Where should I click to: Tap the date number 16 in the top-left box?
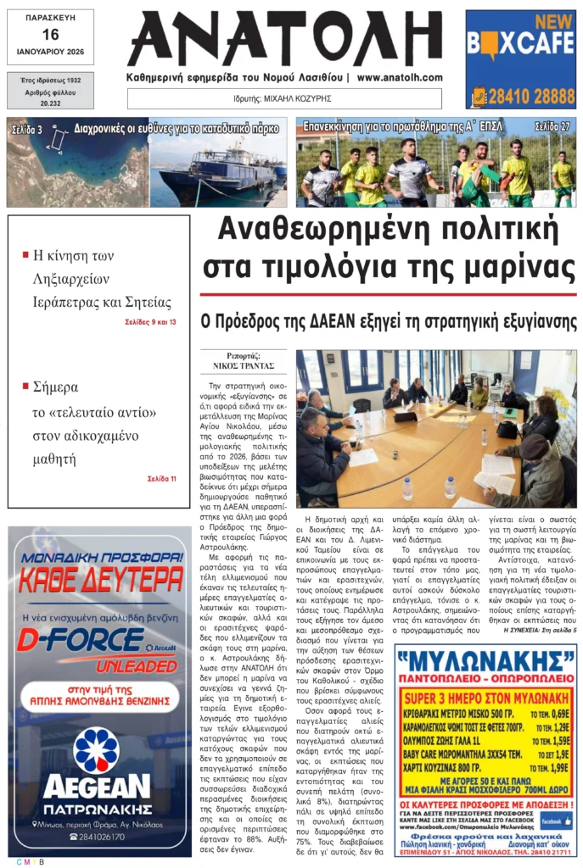click(50, 34)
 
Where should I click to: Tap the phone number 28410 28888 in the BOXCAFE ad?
click(531, 96)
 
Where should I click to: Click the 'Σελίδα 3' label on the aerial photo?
click(27, 130)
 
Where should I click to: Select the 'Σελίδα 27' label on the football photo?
click(552, 127)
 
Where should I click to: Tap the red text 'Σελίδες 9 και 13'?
click(150, 322)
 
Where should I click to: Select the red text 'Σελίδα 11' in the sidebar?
click(161, 479)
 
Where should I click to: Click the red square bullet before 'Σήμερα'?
click(25, 386)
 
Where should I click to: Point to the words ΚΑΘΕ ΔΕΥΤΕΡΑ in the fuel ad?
click(101, 581)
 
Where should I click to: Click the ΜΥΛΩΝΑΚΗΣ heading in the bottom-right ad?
click(485, 660)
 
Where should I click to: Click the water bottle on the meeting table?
click(407, 487)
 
